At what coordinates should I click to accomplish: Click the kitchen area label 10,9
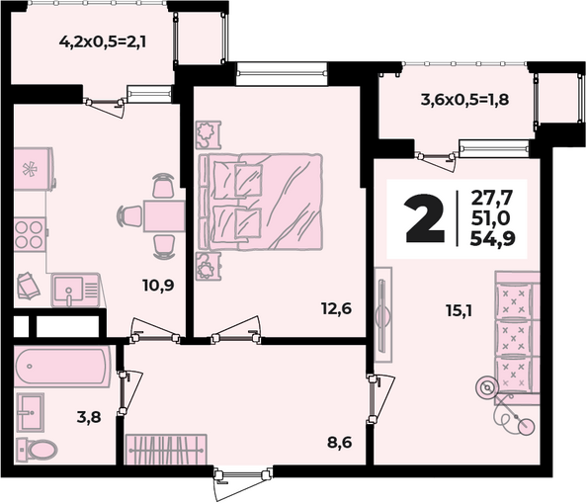point(158,286)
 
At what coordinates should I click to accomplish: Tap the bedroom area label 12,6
point(337,309)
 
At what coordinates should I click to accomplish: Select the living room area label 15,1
point(459,310)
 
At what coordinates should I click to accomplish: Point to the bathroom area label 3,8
point(89,416)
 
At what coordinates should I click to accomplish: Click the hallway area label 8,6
point(340,443)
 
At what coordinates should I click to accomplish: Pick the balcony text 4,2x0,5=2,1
point(103,42)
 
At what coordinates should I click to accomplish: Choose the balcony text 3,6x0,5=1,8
point(465,100)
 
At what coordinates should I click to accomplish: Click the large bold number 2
point(425,218)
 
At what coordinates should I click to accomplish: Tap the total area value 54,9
point(493,238)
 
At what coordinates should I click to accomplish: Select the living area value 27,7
point(491,198)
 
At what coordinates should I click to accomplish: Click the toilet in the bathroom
point(37,449)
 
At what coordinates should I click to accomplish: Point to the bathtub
point(62,367)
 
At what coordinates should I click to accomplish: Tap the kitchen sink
point(76,290)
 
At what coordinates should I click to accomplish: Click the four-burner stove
point(30,234)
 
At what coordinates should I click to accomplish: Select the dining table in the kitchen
point(164,215)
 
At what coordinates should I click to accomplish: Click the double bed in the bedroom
point(260,202)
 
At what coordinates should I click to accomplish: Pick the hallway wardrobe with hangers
point(166,450)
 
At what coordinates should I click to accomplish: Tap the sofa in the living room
point(518,338)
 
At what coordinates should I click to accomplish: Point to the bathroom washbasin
point(31,412)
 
